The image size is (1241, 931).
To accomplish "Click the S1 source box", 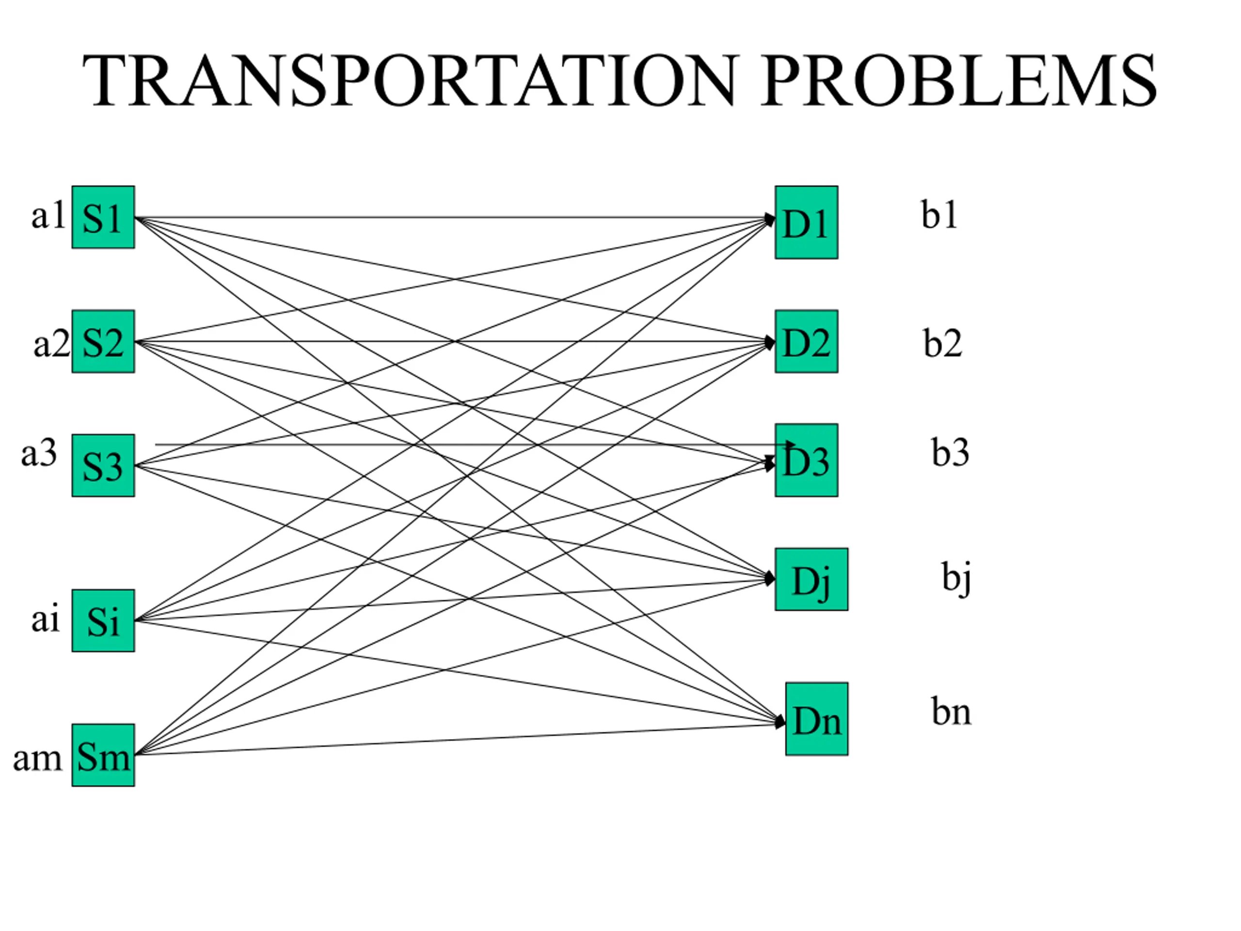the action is pyautogui.click(x=103, y=217).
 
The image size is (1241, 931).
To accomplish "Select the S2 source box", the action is pyautogui.click(x=103, y=341).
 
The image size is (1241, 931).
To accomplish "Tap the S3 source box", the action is pyautogui.click(x=103, y=465).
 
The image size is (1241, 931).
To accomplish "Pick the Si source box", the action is pyautogui.click(x=103, y=621).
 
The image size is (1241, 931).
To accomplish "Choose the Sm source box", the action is pyautogui.click(x=103, y=755).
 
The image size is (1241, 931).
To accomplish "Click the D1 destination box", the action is pyautogui.click(x=807, y=222).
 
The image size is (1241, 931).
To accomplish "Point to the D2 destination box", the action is pyautogui.click(x=807, y=341).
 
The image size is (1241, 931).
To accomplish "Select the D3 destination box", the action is pyautogui.click(x=807, y=460).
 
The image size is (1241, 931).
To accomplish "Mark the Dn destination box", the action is pyautogui.click(x=817, y=719).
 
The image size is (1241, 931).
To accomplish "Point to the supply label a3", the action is pyautogui.click(x=39, y=453).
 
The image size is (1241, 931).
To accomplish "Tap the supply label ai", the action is pyautogui.click(x=46, y=619).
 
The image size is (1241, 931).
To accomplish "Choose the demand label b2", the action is pyautogui.click(x=942, y=343).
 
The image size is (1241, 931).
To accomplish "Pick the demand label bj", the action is pyautogui.click(x=956, y=578).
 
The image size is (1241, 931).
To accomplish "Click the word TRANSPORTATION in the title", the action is pyautogui.click(x=410, y=80).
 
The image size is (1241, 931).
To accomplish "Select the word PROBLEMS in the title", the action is pyautogui.click(x=959, y=80).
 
